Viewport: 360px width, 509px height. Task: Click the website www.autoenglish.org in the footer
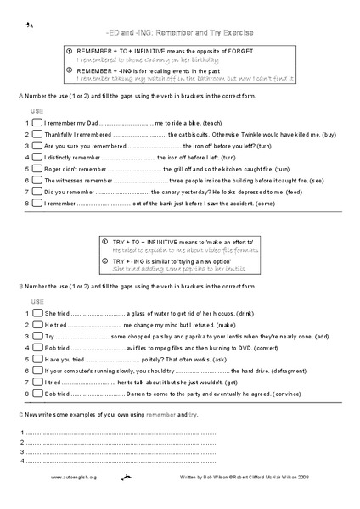pos(74,478)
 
